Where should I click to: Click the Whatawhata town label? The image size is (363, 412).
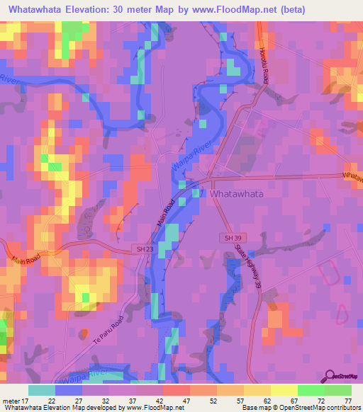click(237, 193)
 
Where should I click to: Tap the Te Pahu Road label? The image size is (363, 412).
click(117, 332)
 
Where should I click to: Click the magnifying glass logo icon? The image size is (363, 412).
click(330, 376)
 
